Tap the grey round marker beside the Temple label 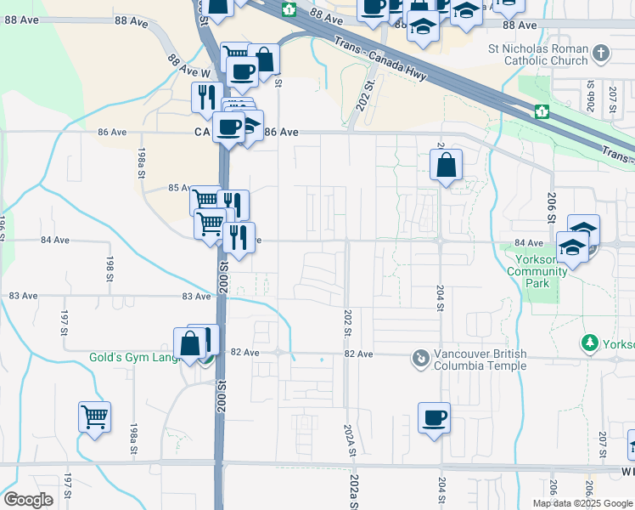(x=420, y=359)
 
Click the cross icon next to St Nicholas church (x=601, y=54)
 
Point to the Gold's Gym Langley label (x=141, y=357)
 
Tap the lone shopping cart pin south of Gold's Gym (x=95, y=416)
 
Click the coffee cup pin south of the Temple (x=434, y=417)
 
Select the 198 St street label (x=110, y=266)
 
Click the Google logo (x=29, y=500)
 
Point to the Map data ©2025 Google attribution (x=582, y=503)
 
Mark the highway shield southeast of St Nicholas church (x=541, y=111)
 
